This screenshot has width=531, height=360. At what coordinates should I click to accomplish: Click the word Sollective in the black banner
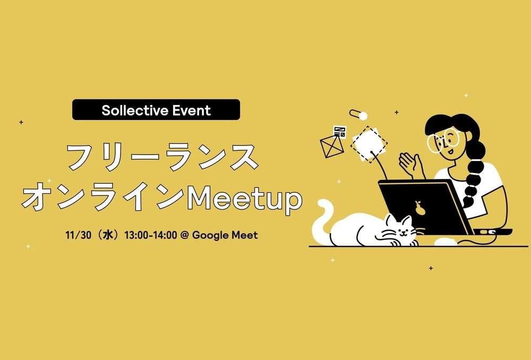click(135, 110)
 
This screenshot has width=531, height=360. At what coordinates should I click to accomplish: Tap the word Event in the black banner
click(192, 110)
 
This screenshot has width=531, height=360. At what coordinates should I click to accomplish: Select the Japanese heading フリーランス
click(162, 157)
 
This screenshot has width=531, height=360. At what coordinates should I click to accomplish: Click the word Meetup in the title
click(244, 199)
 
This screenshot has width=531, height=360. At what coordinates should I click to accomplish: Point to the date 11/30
click(78, 235)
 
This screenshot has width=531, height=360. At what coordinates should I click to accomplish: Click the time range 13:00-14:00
click(151, 235)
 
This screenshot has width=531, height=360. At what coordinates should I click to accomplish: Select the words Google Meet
click(225, 235)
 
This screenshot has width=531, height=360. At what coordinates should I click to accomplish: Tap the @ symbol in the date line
click(185, 235)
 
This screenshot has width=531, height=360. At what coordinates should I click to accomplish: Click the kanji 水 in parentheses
click(108, 235)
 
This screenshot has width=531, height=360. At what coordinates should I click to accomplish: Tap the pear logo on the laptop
click(420, 208)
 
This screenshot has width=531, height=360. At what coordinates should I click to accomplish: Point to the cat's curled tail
click(322, 220)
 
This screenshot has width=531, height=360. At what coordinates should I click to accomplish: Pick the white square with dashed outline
click(369, 144)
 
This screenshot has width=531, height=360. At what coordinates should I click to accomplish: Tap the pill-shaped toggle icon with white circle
click(358, 115)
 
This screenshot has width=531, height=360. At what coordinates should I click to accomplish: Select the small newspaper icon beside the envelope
click(340, 132)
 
